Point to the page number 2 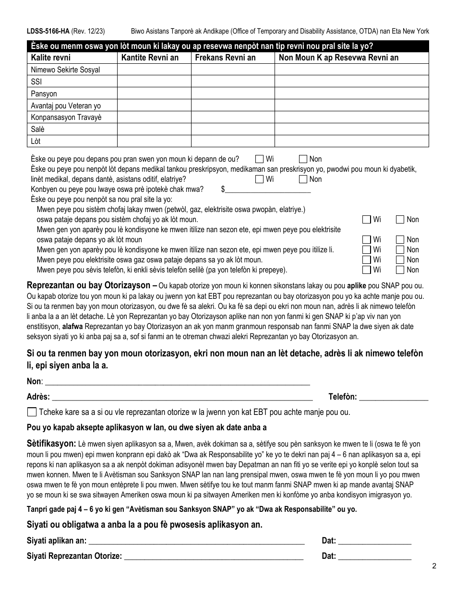[x=433, y=566]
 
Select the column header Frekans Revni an [x=224, y=58]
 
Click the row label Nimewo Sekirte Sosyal [x=65, y=70]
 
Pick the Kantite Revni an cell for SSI [x=154, y=82]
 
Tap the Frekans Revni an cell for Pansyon [x=233, y=94]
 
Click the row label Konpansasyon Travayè [x=66, y=118]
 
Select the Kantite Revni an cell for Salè [x=154, y=130]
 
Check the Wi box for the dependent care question [x=260, y=159]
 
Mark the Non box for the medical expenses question [x=303, y=179]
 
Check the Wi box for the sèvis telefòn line [x=367, y=270]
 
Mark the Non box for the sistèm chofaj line [x=400, y=220]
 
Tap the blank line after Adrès [x=182, y=397]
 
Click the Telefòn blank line [x=394, y=397]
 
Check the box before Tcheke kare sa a [x=32, y=412]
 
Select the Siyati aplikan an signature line [x=197, y=541]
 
